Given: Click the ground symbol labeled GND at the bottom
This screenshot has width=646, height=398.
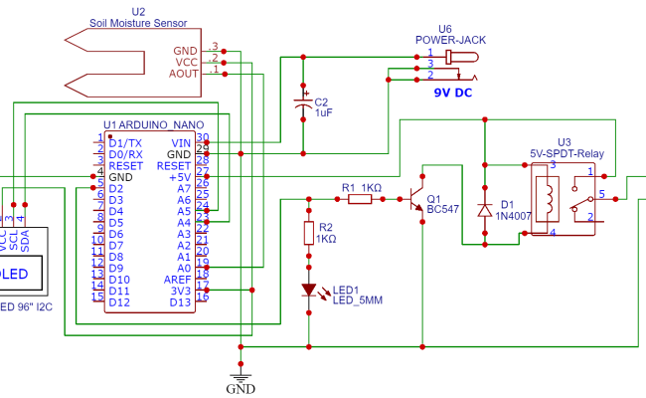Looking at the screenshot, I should pyautogui.click(x=240, y=377).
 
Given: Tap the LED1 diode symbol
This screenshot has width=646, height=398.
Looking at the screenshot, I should pyautogui.click(x=309, y=291).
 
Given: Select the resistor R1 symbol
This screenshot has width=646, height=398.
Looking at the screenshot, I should pyautogui.click(x=360, y=199).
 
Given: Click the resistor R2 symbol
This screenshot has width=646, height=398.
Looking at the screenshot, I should pyautogui.click(x=309, y=233).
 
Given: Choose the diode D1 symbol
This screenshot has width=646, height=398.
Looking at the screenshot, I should pyautogui.click(x=484, y=210).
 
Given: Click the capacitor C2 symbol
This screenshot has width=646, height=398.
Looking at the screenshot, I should pyautogui.click(x=303, y=104).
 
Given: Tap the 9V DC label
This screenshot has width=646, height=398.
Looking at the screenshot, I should pyautogui.click(x=454, y=92).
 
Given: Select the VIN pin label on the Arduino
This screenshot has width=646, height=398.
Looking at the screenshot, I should pyautogui.click(x=181, y=143).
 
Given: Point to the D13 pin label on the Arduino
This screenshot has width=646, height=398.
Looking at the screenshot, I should pyautogui.click(x=181, y=301).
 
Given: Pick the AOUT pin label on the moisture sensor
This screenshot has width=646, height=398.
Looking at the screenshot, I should pyautogui.click(x=184, y=73).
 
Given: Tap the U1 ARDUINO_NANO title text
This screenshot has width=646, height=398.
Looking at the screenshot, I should pyautogui.click(x=146, y=124).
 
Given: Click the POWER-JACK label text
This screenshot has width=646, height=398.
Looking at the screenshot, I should pyautogui.click(x=445, y=40).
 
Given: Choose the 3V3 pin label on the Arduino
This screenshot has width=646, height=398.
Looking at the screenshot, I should pyautogui.click(x=180, y=291).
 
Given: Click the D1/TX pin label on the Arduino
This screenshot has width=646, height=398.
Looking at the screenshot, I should pyautogui.click(x=126, y=143).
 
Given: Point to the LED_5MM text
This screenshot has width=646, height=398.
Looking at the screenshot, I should pyautogui.click(x=358, y=300).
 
